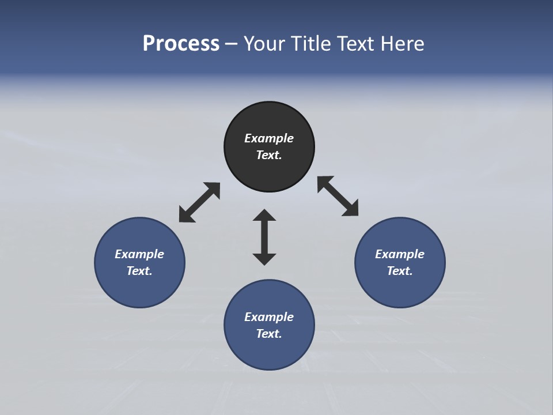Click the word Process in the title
pyautogui.click(x=181, y=44)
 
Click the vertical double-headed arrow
pyautogui.click(x=264, y=237)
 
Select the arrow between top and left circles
pyautogui.click(x=199, y=202)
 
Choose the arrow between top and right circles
pyautogui.click(x=338, y=197)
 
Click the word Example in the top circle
pyautogui.click(x=269, y=138)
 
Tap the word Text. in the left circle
pyautogui.click(x=139, y=271)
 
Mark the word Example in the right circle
pyautogui.click(x=400, y=254)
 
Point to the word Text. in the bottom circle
pyautogui.click(x=269, y=334)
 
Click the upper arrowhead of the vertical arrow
pyautogui.click(x=264, y=216)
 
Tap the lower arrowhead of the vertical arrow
pyautogui.click(x=264, y=258)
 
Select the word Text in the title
pyautogui.click(x=355, y=44)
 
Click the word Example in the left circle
pyautogui.click(x=139, y=254)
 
